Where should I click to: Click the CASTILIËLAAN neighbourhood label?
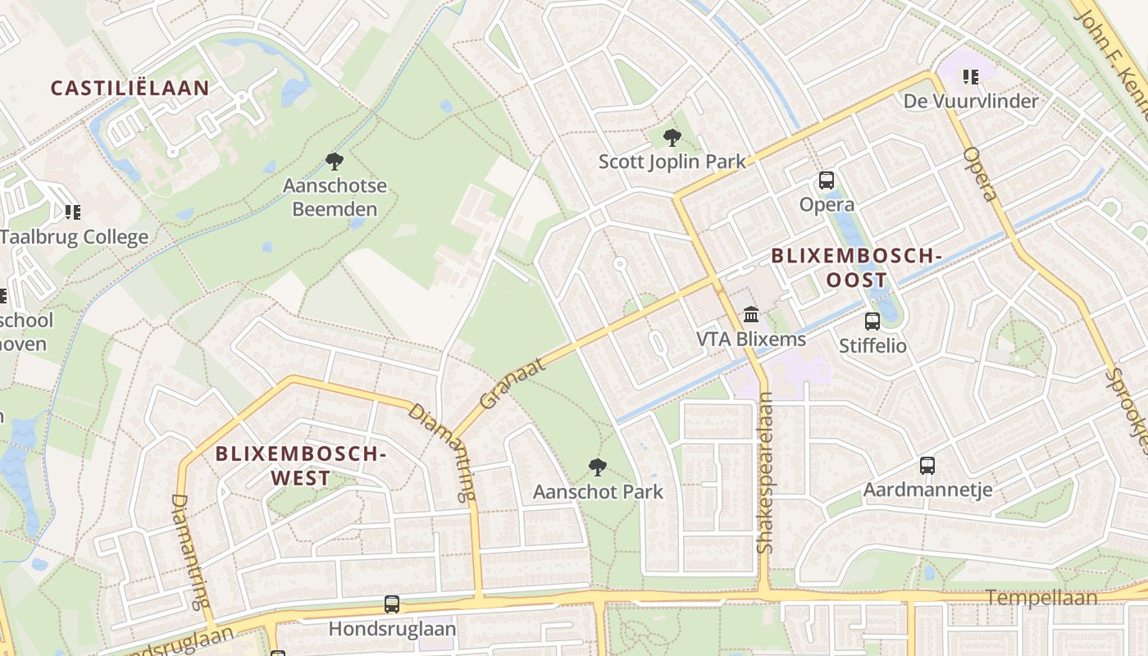130,88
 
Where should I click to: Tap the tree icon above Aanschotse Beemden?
334,161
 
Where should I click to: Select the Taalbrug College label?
75,237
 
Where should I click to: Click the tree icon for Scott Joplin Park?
672,137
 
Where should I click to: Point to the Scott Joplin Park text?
672,162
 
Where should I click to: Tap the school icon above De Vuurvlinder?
971,77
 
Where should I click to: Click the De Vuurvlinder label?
971,101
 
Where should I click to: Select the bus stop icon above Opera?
826,180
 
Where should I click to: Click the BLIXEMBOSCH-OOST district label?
856,268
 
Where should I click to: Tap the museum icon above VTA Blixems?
750,314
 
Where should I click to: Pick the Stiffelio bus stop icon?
872,321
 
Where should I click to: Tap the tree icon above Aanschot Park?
598,467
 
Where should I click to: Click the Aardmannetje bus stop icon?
927,465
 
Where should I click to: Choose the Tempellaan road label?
1041,598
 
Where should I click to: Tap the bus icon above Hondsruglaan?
392,604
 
